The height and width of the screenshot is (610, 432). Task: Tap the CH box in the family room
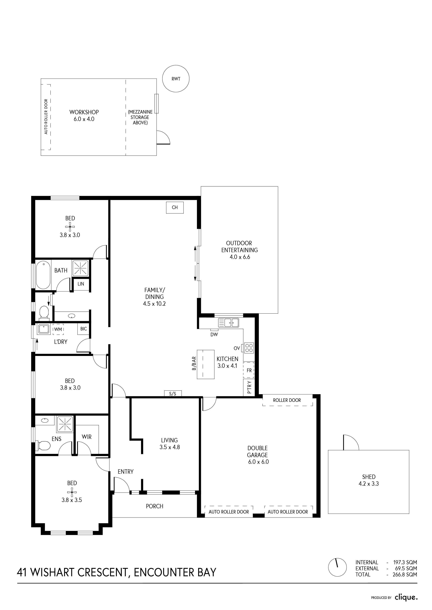(175, 207)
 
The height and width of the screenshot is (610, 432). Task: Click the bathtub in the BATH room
(43, 275)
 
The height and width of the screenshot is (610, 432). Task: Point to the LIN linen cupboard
(81, 284)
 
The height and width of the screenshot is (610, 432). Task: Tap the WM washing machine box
(58, 330)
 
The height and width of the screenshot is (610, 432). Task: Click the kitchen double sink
(228, 323)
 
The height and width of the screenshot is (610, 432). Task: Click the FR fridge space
(249, 370)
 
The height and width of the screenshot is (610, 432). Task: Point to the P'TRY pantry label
(249, 387)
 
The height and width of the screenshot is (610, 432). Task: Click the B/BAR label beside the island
(194, 363)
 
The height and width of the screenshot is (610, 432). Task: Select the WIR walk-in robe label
(87, 437)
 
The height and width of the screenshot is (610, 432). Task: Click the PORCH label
(155, 506)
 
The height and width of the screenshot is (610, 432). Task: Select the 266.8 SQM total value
(405, 582)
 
